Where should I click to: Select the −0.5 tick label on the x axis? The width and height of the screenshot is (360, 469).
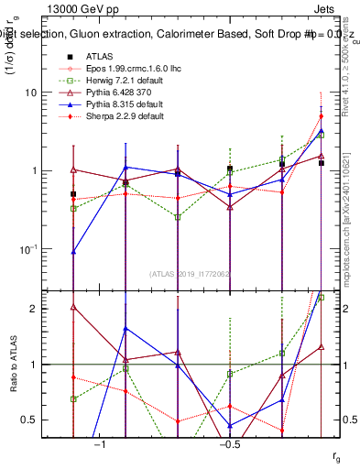pyautogui.click(x=229, y=444)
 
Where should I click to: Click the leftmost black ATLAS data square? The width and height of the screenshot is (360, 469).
pyautogui.click(x=73, y=194)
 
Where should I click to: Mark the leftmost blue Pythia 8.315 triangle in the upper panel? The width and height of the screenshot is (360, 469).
pyautogui.click(x=73, y=251)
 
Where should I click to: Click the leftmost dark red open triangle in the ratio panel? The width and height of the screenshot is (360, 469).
pyautogui.click(x=73, y=307)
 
